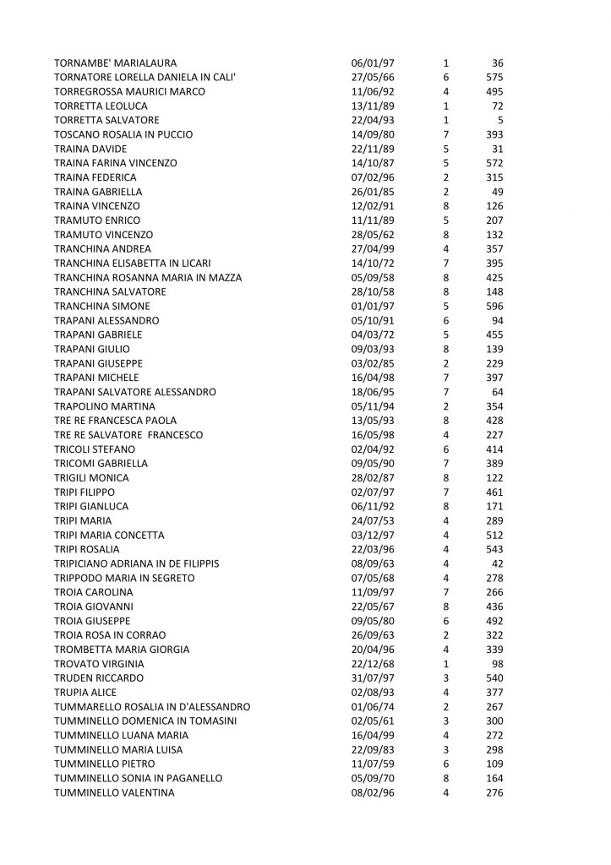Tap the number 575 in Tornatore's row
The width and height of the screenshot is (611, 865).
pos(494,78)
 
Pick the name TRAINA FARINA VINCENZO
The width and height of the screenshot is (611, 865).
pos(117,163)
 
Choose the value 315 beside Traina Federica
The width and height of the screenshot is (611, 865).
pos(494,177)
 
